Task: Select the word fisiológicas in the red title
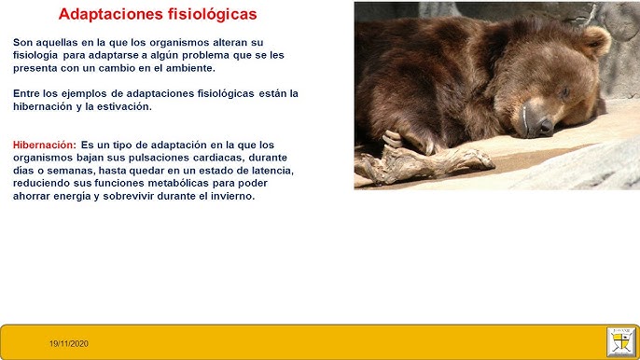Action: pyautogui.click(x=213, y=15)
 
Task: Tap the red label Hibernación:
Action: pyautogui.click(x=45, y=145)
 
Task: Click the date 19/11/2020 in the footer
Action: pyautogui.click(x=69, y=344)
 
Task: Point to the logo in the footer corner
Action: pyautogui.click(x=619, y=340)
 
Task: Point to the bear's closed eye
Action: pyautogui.click(x=563, y=92)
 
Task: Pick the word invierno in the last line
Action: pyautogui.click(x=227, y=197)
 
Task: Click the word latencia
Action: pyautogui.click(x=269, y=171)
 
